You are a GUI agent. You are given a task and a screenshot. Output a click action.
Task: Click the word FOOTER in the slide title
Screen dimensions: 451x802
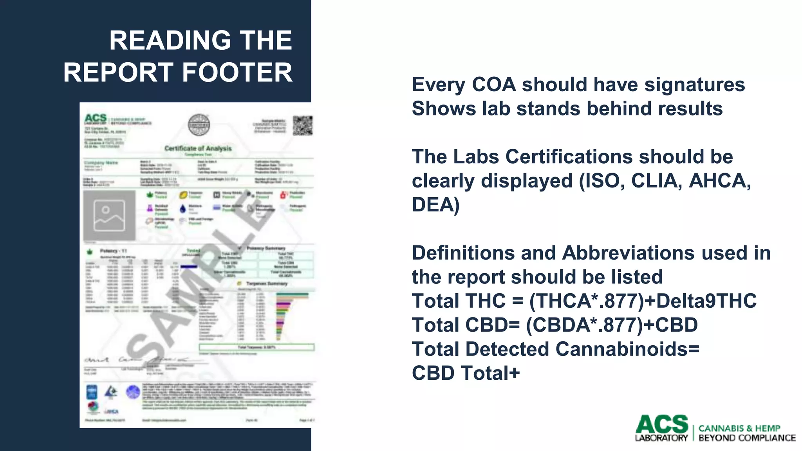coord(237,72)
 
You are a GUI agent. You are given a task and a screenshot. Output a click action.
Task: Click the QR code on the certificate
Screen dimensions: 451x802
coord(303,125)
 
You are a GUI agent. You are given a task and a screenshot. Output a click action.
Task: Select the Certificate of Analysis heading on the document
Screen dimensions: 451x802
coord(198,148)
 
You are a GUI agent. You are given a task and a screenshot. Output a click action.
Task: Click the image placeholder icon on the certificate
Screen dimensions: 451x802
coord(109,216)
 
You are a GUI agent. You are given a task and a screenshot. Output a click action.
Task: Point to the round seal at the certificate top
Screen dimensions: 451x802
coord(199,125)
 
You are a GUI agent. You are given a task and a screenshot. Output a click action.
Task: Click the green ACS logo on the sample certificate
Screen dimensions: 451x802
coord(96,118)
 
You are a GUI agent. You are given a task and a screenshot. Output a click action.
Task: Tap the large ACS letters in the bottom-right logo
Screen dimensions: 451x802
coord(661,424)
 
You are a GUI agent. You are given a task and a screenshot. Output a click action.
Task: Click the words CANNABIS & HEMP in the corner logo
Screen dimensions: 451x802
coord(739,428)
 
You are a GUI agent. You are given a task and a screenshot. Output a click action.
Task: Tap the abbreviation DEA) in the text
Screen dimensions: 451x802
coord(435,205)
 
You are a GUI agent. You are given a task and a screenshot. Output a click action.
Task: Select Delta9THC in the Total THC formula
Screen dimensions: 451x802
coord(706,301)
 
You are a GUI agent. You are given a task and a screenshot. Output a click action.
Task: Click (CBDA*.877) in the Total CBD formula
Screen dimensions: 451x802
coord(584,325)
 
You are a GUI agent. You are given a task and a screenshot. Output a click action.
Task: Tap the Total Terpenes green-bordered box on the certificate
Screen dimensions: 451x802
coord(256,347)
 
